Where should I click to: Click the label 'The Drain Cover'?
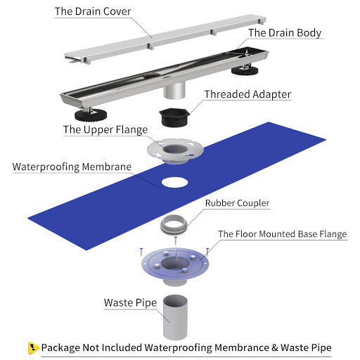coord(93,11)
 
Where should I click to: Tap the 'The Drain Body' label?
coord(285,33)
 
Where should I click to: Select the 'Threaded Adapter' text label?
coord(247,94)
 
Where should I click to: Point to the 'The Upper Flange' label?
coord(105,129)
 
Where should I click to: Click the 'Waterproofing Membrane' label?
coord(72,167)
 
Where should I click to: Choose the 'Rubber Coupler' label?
coord(237,203)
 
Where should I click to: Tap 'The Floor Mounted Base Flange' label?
coord(283,234)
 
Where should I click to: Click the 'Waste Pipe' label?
coord(130,303)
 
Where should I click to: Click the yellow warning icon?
coord(33,348)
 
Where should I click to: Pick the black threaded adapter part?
coord(174,117)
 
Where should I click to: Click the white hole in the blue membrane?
coord(174,183)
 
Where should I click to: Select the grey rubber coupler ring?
coord(174,224)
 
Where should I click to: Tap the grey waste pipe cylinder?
coord(175,317)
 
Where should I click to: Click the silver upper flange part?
coord(175,150)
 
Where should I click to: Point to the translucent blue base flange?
coord(175,265)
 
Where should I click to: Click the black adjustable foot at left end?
coord(91,115)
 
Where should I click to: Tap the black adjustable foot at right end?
coord(245,70)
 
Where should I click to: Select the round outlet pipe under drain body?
coord(174,90)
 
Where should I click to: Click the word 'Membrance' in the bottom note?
coord(242,348)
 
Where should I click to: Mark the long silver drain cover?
coord(165,39)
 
